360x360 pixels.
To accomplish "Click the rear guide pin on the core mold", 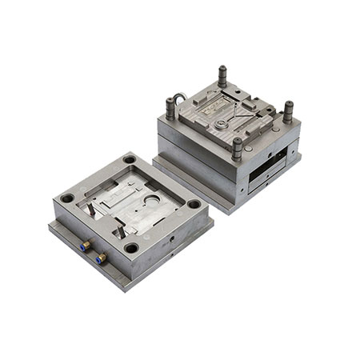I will pyautogui.click(x=222, y=76).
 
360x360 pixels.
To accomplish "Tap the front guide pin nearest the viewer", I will pyautogui.click(x=237, y=147).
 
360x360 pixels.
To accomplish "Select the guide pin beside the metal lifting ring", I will pyautogui.click(x=170, y=107).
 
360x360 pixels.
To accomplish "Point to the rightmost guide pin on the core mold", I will pyautogui.click(x=287, y=110).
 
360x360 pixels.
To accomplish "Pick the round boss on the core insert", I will pyautogui.click(x=218, y=126).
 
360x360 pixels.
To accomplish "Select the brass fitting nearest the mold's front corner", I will pyautogui.click(x=102, y=258).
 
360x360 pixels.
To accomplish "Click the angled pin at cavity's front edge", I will pyautogui.click(x=119, y=230).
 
